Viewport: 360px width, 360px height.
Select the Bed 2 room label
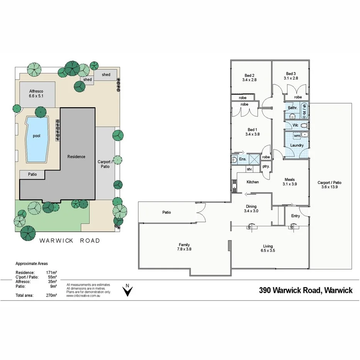(249, 75)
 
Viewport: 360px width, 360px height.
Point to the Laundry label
(297, 145)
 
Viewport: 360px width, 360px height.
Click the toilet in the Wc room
(304, 125)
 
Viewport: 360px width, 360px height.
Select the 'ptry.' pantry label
(266, 166)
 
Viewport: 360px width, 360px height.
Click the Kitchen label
(253, 182)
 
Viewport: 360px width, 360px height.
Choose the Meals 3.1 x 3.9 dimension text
(290, 184)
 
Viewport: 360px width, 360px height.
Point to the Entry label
(295, 216)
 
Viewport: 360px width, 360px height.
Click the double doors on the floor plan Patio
(201, 212)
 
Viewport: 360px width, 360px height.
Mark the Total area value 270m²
(52, 295)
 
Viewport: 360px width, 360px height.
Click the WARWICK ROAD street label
(70, 241)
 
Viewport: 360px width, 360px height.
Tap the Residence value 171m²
(52, 273)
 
